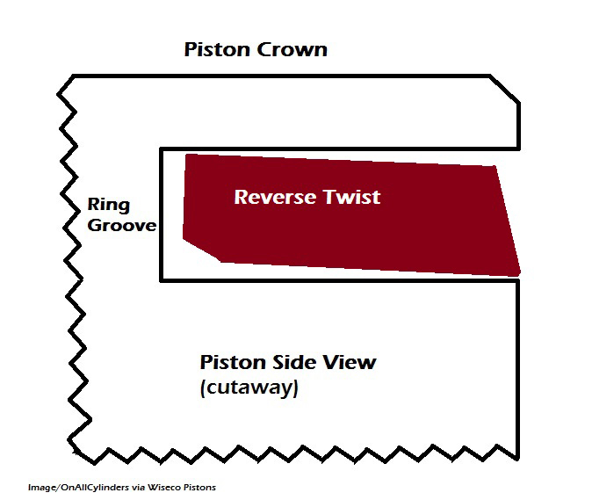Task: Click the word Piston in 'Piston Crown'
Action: (217, 49)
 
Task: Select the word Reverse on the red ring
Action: (271, 196)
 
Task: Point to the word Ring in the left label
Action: (108, 207)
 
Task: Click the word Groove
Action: (121, 226)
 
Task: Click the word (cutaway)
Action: (249, 388)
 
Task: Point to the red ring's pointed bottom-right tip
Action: (520, 275)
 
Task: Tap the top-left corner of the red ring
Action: (186, 156)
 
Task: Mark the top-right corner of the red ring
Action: (495, 167)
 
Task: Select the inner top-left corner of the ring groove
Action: (161, 149)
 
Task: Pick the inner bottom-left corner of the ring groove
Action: (161, 279)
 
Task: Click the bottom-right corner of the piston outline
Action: (518, 457)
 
